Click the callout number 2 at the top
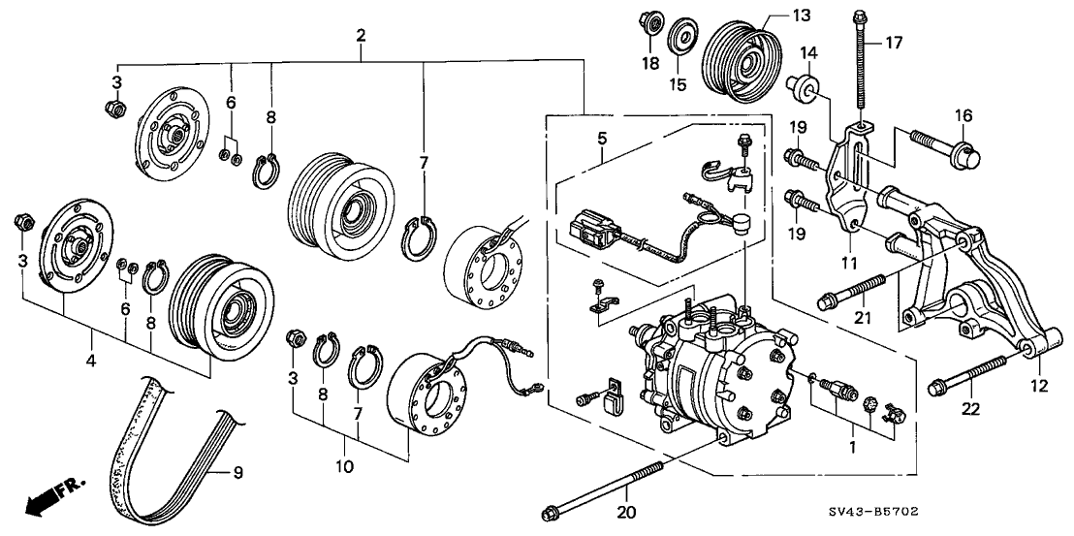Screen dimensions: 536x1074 pos(361,36)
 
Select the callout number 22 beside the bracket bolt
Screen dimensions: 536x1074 pos(971,410)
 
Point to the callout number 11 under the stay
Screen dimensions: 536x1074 pos(849,263)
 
